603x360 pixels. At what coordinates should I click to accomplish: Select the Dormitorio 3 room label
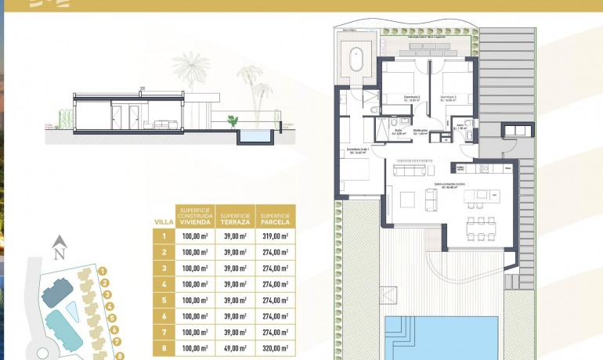[448, 98]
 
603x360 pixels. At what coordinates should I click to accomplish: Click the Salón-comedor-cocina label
[450, 185]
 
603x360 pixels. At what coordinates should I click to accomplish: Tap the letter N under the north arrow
[58, 254]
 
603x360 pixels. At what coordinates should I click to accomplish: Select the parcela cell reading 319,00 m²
[275, 236]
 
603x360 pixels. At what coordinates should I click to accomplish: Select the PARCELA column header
[276, 216]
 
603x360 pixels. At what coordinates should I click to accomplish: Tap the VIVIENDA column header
[195, 216]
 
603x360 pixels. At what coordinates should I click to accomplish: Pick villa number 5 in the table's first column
[164, 300]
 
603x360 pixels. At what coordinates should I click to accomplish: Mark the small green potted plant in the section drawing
[232, 121]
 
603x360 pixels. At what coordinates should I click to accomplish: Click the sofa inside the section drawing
[164, 124]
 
